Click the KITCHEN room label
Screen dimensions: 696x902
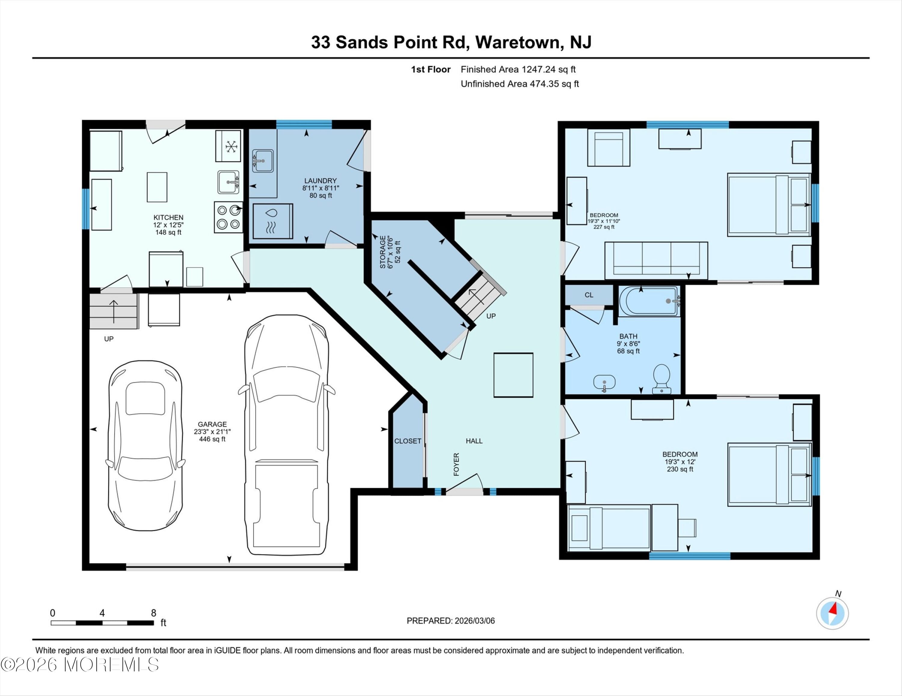pos(168,217)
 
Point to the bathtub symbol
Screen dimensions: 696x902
pos(649,301)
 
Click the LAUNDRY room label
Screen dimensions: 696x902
pos(320,181)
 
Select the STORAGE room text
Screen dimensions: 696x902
pos(383,252)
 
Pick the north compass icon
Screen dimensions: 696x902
pos(832,613)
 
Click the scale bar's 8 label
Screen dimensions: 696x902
pos(153,613)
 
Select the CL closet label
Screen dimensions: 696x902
pos(589,295)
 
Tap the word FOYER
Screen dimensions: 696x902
pos(456,464)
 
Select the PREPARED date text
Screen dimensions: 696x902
pos(451,621)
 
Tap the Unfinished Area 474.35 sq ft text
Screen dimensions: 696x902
pos(520,84)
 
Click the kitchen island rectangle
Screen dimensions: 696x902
pos(157,187)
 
